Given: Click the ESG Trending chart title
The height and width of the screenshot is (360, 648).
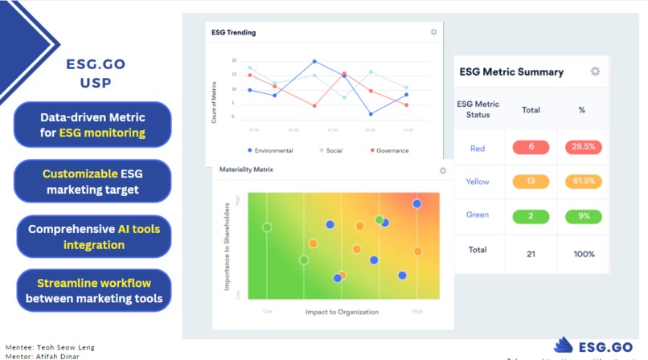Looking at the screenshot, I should (233, 33).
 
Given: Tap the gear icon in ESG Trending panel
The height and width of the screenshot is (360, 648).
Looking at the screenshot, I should (433, 33).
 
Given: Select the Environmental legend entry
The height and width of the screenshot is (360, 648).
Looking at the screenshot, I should (270, 150).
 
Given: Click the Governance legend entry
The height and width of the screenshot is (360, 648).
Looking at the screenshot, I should (389, 150).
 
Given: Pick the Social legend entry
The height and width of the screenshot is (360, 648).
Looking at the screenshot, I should (330, 150).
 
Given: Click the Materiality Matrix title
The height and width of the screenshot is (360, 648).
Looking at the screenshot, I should (246, 170).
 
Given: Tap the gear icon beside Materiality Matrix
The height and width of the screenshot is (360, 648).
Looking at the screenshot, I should (442, 170).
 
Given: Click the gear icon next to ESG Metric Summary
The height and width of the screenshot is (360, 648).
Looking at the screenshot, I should (595, 72).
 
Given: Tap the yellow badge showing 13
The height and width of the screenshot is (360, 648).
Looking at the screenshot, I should (531, 182).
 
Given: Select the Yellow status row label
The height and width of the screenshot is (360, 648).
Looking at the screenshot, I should (478, 182).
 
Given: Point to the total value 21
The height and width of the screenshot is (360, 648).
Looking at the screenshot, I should (531, 254).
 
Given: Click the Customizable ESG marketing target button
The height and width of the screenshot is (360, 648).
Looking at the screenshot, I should (92, 182).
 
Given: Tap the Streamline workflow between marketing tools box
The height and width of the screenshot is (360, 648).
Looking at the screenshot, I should (93, 291).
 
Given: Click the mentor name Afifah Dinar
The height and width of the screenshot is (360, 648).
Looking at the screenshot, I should (61, 355).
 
